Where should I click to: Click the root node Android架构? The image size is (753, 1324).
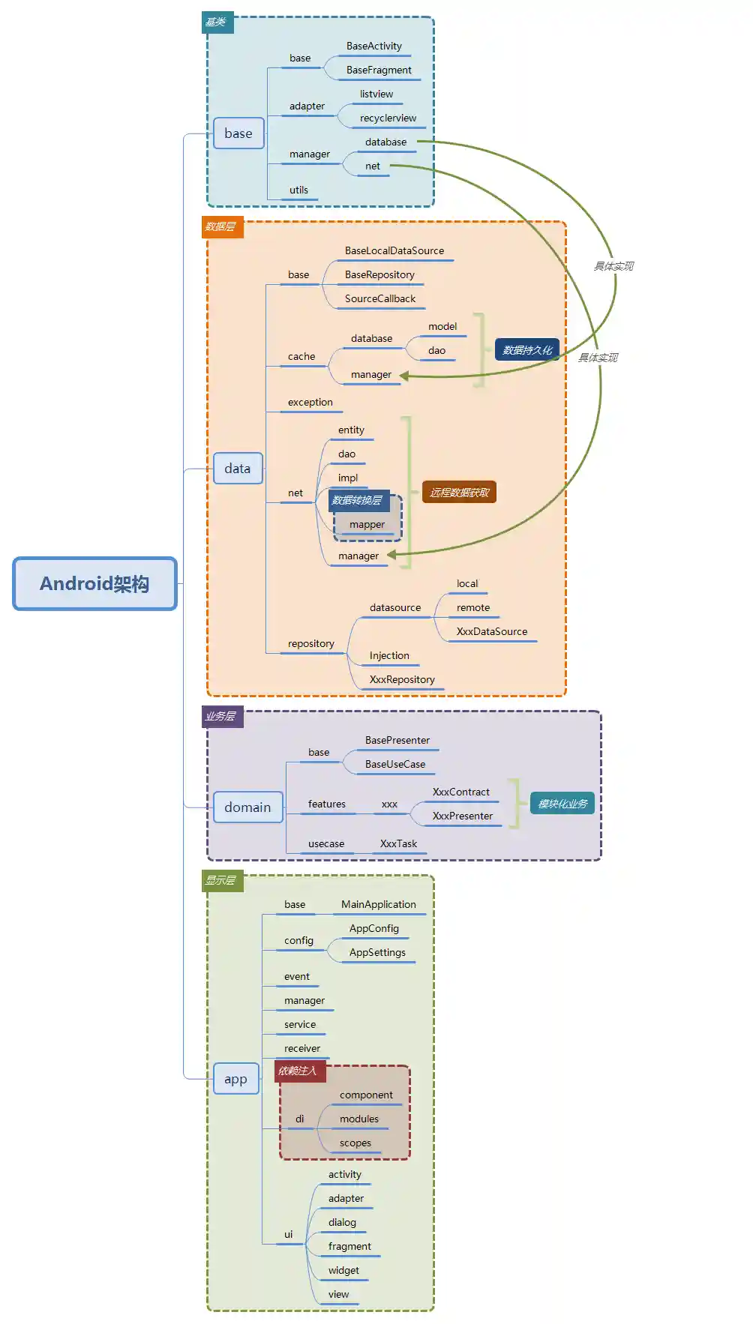pos(94,583)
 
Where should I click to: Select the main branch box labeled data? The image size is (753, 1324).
pos(238,469)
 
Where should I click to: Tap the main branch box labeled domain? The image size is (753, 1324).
pos(247,807)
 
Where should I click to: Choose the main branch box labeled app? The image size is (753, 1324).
pos(235,1079)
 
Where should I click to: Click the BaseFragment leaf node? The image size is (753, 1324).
pos(379,70)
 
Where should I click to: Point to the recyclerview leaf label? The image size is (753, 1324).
pos(388,118)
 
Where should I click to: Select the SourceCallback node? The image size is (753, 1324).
pos(380,299)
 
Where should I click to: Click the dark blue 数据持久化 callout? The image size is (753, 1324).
pos(527,350)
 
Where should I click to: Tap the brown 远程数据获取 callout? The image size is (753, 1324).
pos(459,493)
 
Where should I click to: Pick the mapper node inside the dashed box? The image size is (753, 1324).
pos(367,525)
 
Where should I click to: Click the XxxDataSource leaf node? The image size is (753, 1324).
pos(492,632)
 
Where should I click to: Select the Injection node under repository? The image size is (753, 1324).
pos(389,656)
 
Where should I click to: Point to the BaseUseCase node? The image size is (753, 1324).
pos(395,765)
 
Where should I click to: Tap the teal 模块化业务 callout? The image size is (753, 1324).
pos(562,804)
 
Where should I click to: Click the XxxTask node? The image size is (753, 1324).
pos(398,844)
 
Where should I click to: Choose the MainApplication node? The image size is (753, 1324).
pos(379,905)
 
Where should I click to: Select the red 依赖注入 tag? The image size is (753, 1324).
pos(298,1071)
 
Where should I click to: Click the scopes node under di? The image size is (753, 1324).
pos(355,1143)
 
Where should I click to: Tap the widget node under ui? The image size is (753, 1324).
pos(343,1271)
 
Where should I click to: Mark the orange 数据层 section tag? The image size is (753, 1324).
pos(222,226)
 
